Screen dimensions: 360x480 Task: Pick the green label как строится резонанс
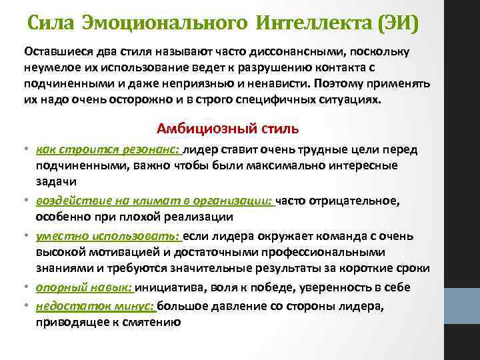click(108, 150)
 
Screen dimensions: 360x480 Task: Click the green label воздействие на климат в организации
click(155, 201)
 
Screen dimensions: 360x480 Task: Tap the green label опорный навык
click(84, 287)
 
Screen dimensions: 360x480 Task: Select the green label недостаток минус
click(95, 305)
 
